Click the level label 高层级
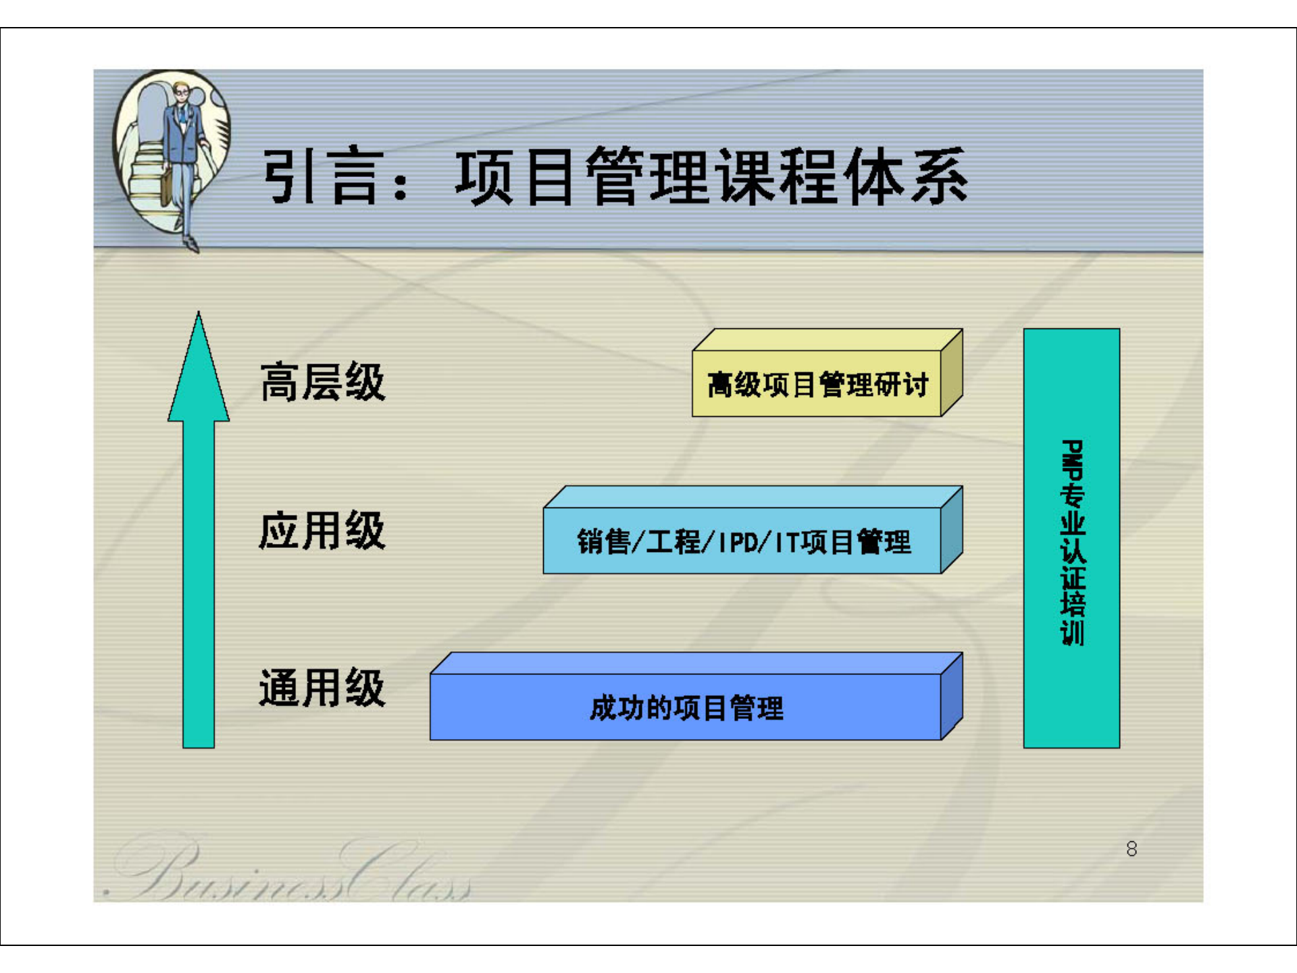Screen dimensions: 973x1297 coord(322,382)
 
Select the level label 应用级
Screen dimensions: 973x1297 coord(322,531)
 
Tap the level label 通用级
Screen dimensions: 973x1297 coord(322,688)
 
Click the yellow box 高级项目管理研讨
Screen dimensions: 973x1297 coord(817,384)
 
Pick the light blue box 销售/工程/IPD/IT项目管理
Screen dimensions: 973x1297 coord(743,541)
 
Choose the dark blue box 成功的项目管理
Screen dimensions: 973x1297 coord(686,707)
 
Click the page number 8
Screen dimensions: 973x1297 coord(1131,849)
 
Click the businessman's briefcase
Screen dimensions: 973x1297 coord(166,186)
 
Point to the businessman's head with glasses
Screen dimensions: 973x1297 coord(181,91)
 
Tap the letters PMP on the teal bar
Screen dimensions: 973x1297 coord(1072,459)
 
